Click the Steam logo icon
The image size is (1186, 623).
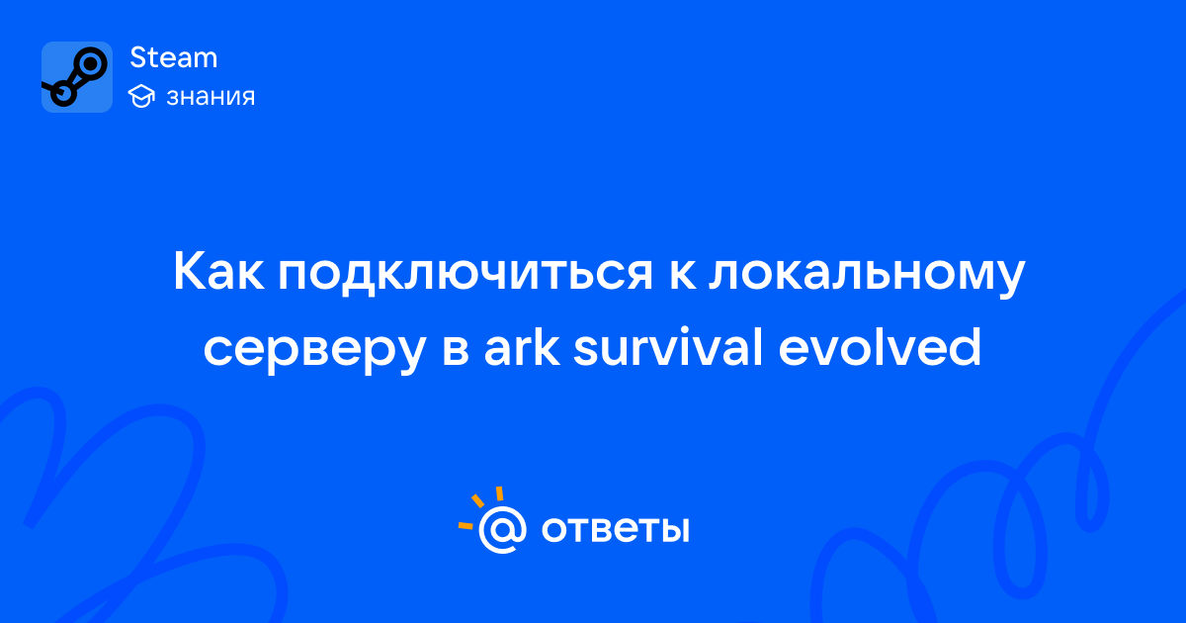77,77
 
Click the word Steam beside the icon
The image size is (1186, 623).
174,57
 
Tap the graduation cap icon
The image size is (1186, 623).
141,96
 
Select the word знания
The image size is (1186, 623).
211,97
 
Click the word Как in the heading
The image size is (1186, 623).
218,271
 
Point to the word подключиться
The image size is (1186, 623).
466,273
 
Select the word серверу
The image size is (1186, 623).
314,351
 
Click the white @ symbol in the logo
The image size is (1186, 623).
502,529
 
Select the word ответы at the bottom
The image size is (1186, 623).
615,529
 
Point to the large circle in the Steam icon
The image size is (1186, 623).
91,64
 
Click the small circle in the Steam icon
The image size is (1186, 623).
63,94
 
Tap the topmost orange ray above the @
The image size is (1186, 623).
499,493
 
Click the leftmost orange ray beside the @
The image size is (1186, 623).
466,525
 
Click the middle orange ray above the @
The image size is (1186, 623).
477,500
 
